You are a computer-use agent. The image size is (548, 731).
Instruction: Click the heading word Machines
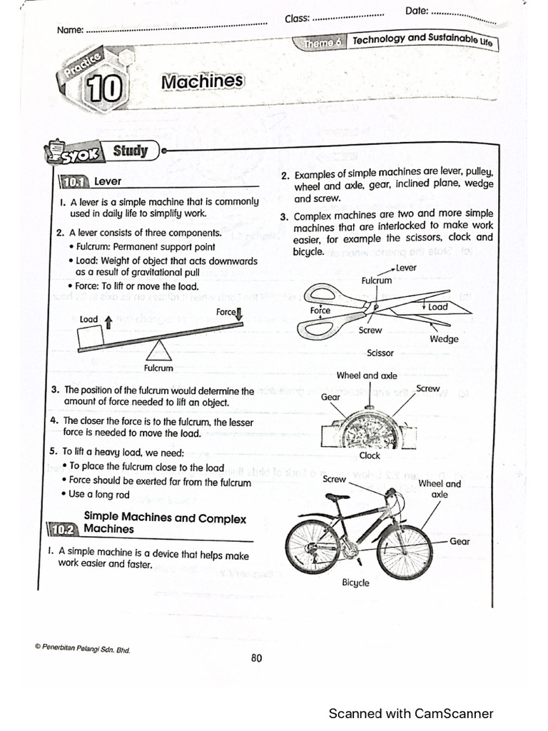click(x=203, y=82)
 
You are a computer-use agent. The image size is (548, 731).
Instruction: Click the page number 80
click(x=257, y=658)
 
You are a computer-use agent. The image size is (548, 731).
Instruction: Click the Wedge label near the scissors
click(x=444, y=339)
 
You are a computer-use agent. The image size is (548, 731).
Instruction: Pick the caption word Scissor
click(x=380, y=353)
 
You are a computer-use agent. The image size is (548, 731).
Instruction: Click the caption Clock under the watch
click(x=370, y=455)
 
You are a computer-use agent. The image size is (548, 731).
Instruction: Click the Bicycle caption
click(x=355, y=583)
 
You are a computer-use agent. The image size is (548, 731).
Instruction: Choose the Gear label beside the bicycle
click(x=460, y=542)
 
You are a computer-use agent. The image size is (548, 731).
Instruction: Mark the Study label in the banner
click(x=131, y=151)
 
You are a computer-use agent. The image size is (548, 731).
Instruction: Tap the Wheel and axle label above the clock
click(x=367, y=375)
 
